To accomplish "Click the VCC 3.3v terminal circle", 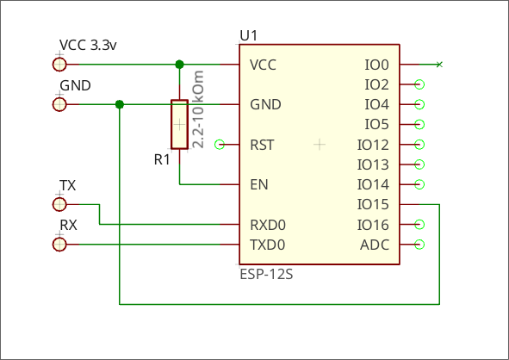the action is click(59, 65).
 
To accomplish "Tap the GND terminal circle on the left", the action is click(59, 104).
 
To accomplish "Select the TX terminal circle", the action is click(59, 204).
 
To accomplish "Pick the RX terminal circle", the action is click(59, 245).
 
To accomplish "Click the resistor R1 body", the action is click(179, 124).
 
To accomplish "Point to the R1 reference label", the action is click(162, 159).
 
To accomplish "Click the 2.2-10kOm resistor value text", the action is click(198, 109).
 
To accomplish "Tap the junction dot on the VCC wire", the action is click(179, 65).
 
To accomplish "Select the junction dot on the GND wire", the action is click(120, 104).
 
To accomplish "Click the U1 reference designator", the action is click(249, 35).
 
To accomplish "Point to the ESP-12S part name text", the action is click(266, 275).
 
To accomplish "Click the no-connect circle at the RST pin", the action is click(220, 145).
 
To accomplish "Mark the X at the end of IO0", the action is click(439, 65).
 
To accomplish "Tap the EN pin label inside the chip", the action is click(259, 184).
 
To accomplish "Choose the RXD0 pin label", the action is click(268, 225).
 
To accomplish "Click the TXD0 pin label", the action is click(268, 245).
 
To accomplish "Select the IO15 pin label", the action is click(373, 204).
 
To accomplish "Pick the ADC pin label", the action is click(375, 245).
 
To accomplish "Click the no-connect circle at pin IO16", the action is click(419, 225).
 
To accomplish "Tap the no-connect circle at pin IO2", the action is click(419, 84).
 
